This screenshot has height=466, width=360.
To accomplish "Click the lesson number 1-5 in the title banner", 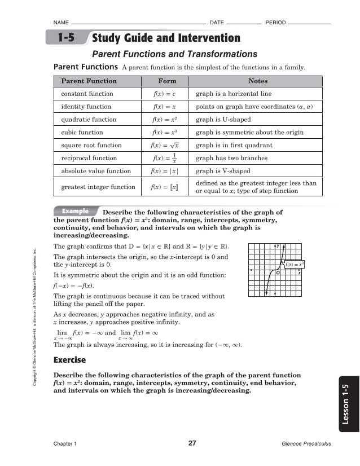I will point(66,38).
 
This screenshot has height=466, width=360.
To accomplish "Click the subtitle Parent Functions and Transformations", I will point(174,54).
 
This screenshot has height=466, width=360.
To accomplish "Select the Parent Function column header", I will point(89,81).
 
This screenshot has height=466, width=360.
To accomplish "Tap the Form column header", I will point(168,81).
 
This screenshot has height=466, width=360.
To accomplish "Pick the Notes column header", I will point(258,81).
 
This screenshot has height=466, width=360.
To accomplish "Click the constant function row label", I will point(87,94).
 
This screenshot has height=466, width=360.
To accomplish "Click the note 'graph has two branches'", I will point(231,159).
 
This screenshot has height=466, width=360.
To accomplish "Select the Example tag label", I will point(75,211).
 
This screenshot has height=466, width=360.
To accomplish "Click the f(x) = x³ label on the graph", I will point(295,263).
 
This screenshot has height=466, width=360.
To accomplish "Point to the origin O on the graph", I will point(278,272).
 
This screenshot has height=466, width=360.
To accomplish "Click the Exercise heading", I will point(69,359).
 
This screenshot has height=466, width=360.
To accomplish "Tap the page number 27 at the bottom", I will point(192,443).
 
